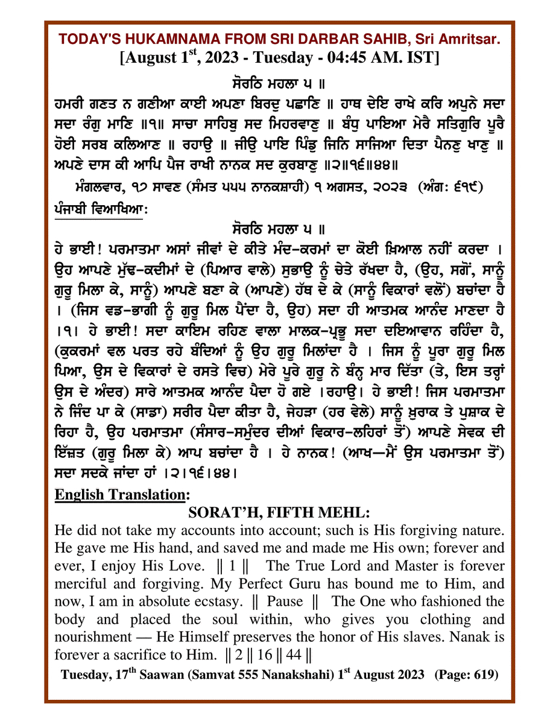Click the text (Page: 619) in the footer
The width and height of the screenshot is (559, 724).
click(x=463, y=675)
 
